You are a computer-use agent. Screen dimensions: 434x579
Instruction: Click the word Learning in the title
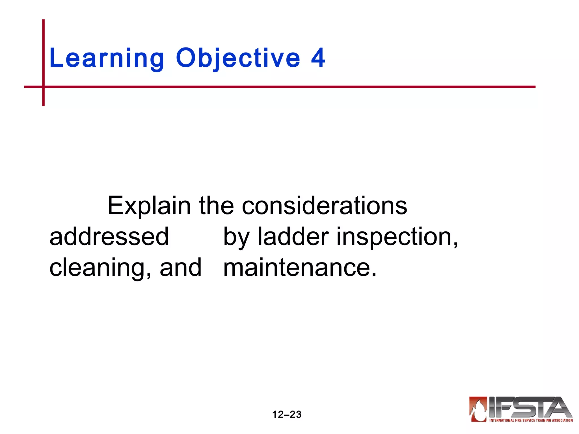tap(107, 58)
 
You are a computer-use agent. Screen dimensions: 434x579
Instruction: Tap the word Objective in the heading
tap(238, 58)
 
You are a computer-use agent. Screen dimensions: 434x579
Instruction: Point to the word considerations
tap(324, 206)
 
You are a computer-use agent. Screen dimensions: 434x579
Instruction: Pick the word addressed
tap(109, 236)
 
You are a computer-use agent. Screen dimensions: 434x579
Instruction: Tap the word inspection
tap(397, 237)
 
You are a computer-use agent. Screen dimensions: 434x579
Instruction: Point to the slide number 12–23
tap(287, 415)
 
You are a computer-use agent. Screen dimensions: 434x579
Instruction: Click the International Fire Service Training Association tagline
tap(531, 420)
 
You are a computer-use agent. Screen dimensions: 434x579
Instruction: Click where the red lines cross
tap(44, 87)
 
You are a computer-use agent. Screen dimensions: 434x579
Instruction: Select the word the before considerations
tap(216, 206)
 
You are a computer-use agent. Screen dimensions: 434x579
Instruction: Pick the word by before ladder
tap(236, 237)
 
